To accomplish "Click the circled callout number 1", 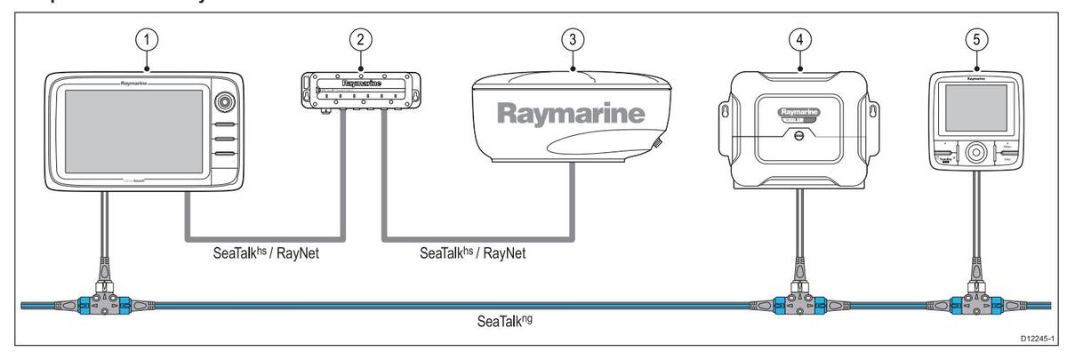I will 146,42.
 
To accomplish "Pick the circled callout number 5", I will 976,42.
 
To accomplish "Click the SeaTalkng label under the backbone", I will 502,318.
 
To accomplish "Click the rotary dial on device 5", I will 976,151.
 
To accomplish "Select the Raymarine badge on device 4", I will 798,113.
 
